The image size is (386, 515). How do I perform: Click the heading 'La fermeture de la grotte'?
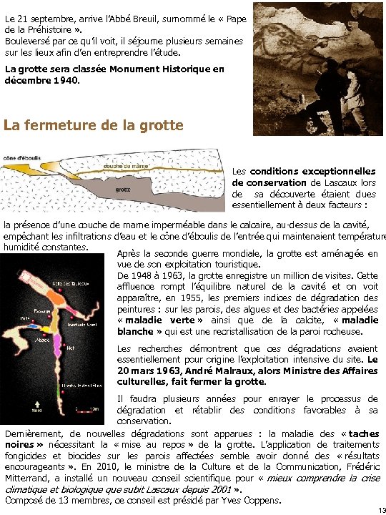94,125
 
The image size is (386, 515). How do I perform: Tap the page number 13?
380,509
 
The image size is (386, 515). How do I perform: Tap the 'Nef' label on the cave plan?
70,349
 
